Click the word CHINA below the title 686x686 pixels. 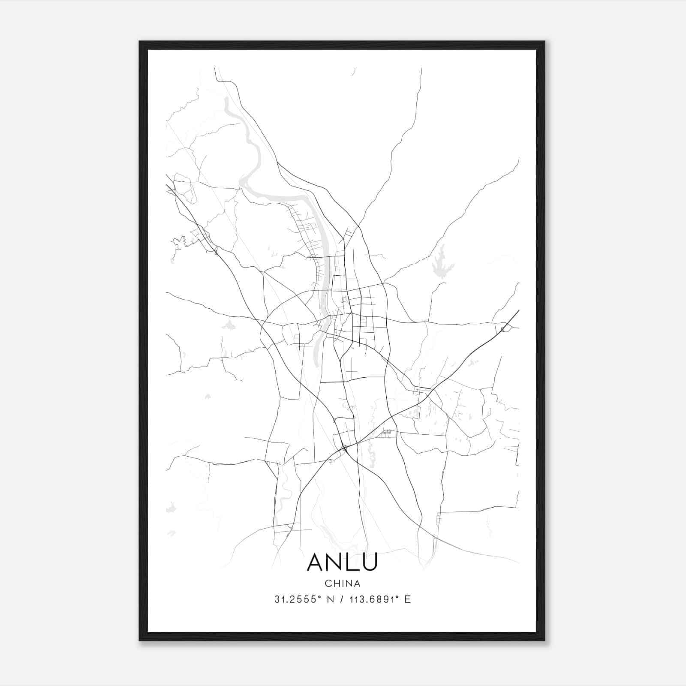click(342, 584)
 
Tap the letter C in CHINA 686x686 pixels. click(328, 584)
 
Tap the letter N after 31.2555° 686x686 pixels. click(330, 599)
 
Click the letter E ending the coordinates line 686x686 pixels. click(408, 599)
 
